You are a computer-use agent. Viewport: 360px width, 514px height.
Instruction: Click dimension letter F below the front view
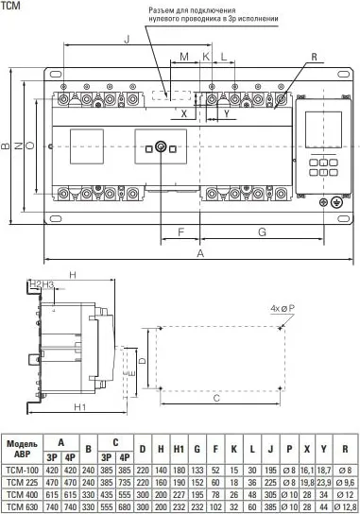coord(180,231)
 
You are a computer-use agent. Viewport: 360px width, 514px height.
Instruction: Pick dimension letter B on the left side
coord(6,146)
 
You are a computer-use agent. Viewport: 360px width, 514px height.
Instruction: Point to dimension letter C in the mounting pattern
coord(216,400)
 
